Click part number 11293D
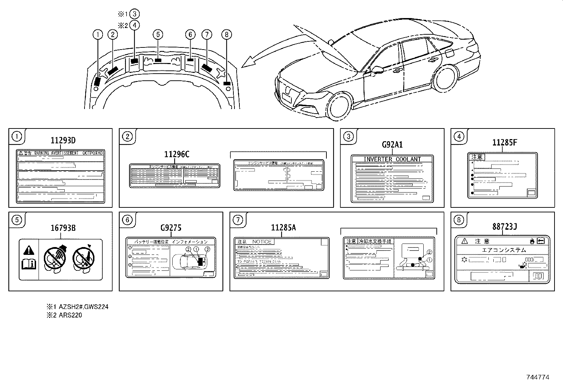point(63,140)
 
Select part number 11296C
point(176,154)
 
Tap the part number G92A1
point(392,145)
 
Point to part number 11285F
point(505,143)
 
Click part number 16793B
point(63,228)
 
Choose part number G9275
point(171,228)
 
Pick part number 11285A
point(283,228)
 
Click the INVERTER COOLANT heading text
point(393,159)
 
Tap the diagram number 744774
point(538,377)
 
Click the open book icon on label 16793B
point(28,264)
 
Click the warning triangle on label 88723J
point(464,241)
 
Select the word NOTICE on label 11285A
point(262,242)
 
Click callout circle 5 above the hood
point(158,34)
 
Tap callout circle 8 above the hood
point(226,34)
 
